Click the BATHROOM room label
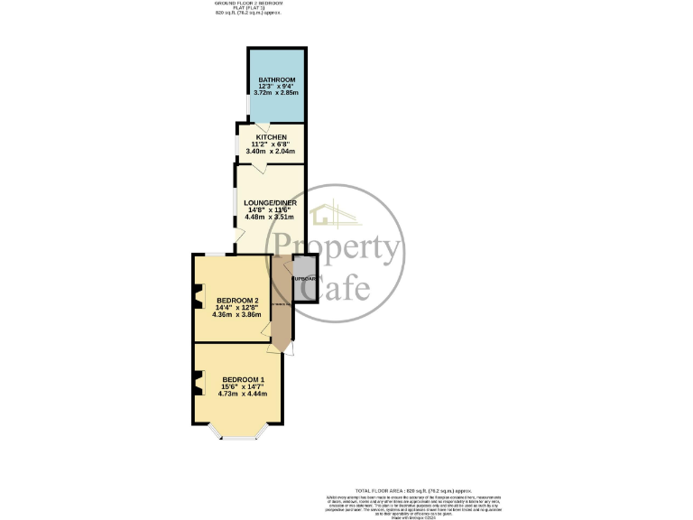(276, 80)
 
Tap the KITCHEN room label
(272, 137)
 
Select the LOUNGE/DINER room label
(270, 202)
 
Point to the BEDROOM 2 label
(237, 301)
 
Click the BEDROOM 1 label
(244, 379)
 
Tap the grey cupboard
(305, 279)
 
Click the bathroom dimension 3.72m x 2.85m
(276, 93)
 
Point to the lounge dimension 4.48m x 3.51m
(270, 217)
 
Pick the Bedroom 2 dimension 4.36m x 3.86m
(237, 315)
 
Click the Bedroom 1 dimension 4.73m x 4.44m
(244, 394)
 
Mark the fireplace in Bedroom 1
(198, 385)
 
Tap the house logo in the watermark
(336, 215)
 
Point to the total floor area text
(413, 488)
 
